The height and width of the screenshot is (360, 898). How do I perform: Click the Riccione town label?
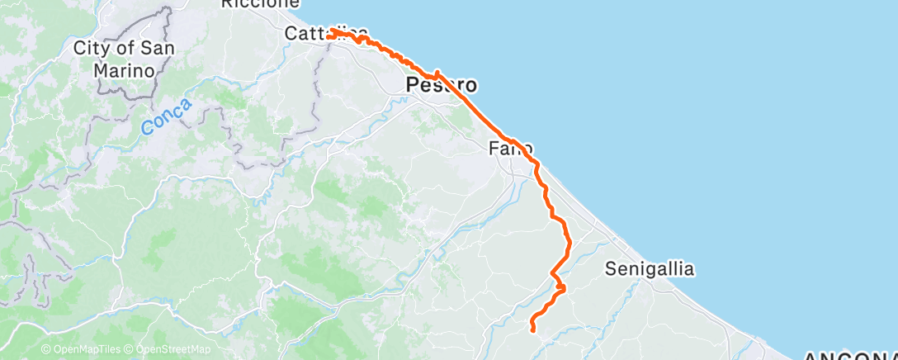(259, 4)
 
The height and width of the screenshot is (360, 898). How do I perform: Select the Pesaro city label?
(442, 85)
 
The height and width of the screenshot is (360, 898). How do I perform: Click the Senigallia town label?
(650, 268)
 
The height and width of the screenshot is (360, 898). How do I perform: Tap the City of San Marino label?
(123, 59)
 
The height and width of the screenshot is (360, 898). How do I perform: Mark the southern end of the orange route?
(533, 331)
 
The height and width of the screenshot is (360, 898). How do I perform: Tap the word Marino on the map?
(124, 70)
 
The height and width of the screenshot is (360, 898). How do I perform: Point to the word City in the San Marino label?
(91, 48)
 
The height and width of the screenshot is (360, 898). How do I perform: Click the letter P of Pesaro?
(412, 85)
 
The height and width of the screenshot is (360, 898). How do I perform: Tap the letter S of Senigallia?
(610, 268)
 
